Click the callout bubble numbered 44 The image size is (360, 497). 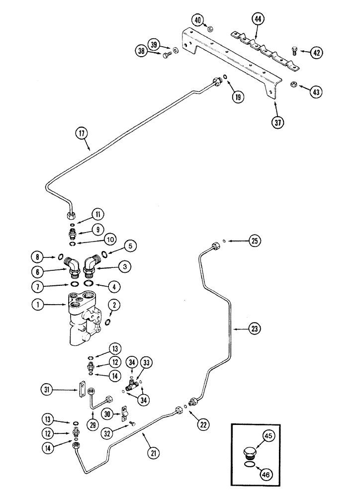tap(258, 20)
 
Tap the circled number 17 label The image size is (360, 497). tap(82, 133)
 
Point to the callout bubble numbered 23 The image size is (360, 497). tap(255, 328)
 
